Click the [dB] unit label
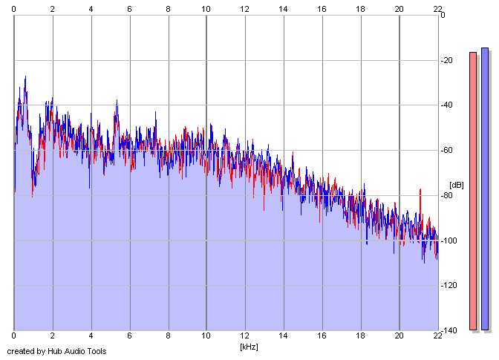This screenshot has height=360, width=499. coord(456,185)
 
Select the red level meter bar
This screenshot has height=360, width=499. coord(472,191)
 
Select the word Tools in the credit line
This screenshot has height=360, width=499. coord(97,351)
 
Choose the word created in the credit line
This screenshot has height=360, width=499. coord(22,351)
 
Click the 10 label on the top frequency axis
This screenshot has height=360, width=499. coord(206,8)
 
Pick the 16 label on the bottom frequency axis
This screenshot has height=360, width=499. coord(322,336)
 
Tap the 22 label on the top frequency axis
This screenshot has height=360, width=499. coord(437,8)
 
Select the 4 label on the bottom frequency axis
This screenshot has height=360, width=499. coord(91,336)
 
